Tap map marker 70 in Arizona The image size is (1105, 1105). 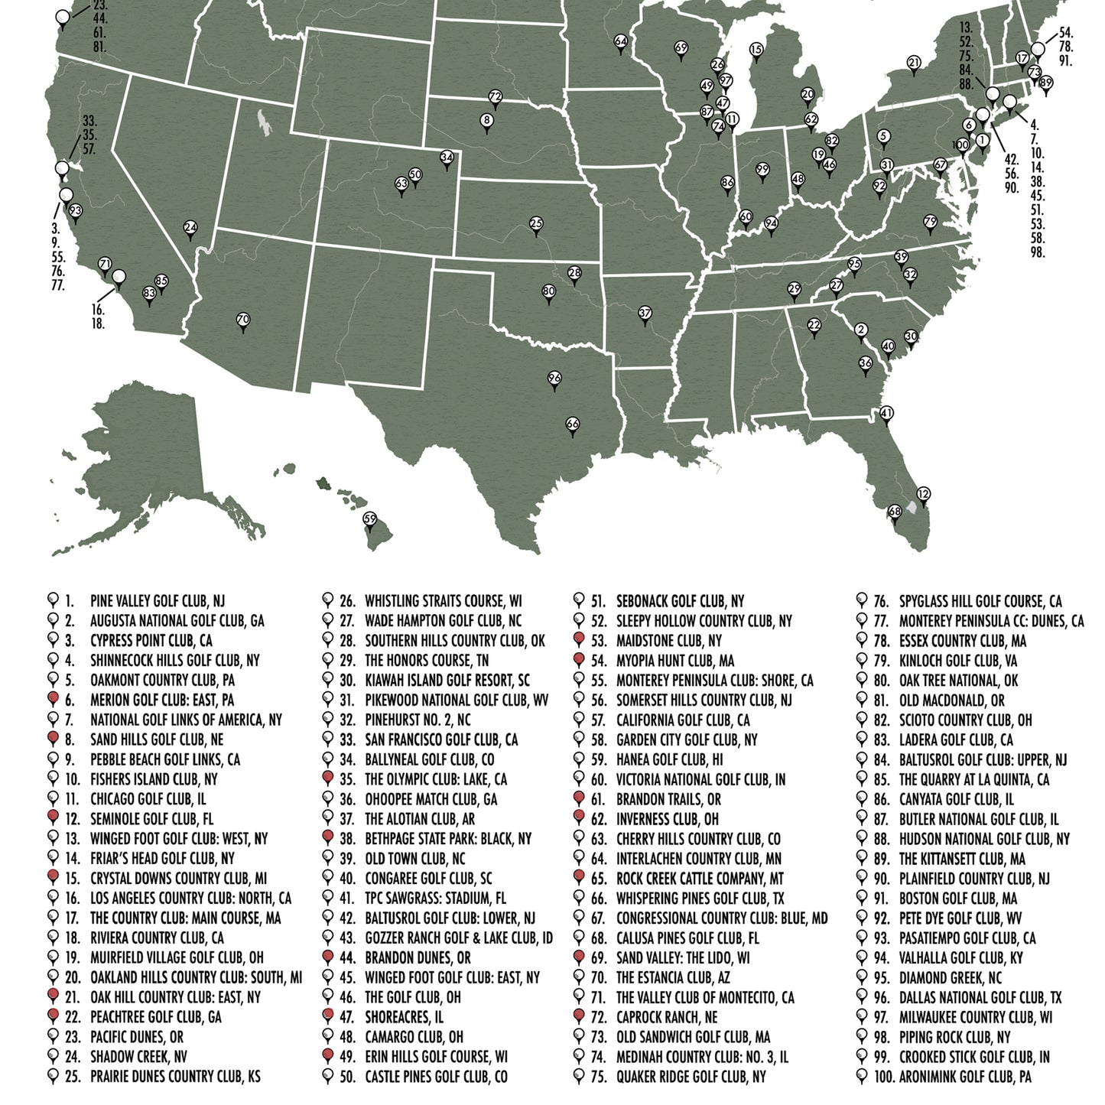[243, 319]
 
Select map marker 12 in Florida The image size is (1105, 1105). [923, 494]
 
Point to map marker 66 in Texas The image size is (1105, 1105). [573, 424]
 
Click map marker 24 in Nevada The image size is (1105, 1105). [190, 228]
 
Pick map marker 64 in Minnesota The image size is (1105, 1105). [620, 41]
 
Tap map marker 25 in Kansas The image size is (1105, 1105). [536, 224]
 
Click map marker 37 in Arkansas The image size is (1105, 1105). [645, 313]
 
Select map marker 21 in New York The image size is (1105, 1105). [914, 63]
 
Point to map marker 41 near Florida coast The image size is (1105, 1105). [887, 414]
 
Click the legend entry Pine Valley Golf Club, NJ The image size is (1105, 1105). [157, 601]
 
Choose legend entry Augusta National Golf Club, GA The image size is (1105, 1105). [177, 621]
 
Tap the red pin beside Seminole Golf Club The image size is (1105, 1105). [54, 818]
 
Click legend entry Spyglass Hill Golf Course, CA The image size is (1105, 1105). [980, 601]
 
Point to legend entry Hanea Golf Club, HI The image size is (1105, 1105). [669, 760]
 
